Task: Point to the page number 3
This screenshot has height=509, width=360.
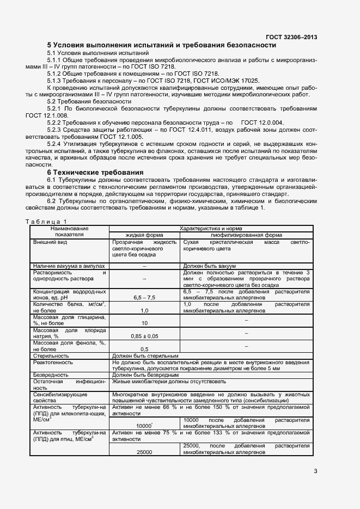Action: point(315,471)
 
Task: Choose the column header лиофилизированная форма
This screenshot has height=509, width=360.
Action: point(247,235)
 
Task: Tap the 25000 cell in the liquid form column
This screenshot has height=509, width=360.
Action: point(144,452)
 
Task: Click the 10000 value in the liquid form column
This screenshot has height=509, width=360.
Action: point(144,426)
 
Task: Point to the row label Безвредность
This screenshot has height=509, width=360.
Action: point(51,375)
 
